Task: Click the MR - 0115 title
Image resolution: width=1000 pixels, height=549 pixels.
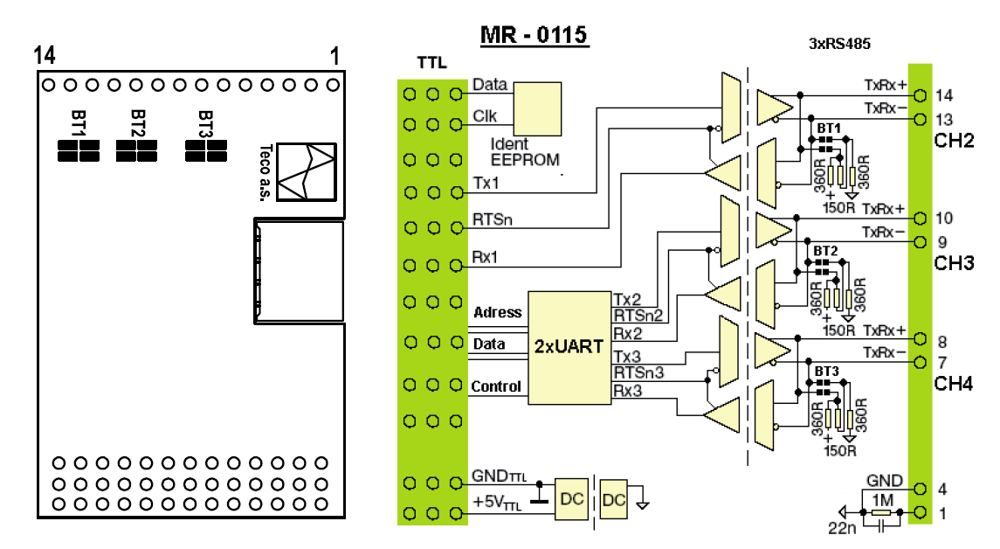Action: click(x=534, y=35)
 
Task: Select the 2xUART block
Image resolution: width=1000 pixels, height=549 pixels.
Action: click(x=569, y=347)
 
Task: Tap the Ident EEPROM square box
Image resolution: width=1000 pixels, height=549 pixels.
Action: click(x=537, y=108)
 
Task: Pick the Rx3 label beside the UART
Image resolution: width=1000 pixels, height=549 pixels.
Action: click(x=627, y=390)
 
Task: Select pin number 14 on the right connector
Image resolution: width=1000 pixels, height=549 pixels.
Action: click(x=943, y=95)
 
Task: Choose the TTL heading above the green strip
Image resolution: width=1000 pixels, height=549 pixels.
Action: click(x=431, y=64)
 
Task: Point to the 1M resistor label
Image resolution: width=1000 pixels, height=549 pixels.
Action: click(x=883, y=497)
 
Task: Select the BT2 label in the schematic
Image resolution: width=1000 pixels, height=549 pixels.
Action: click(x=825, y=252)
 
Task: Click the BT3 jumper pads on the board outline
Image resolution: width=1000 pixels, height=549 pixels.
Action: click(x=206, y=150)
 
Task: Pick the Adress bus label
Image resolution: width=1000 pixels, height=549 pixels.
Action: click(x=497, y=312)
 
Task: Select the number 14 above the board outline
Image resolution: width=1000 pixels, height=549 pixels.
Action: click(x=45, y=56)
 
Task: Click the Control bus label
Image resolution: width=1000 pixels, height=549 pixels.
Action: click(x=496, y=386)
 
